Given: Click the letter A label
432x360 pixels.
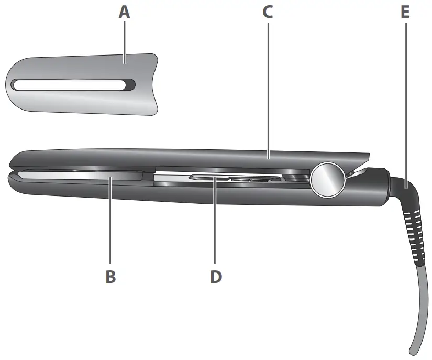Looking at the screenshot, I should pyautogui.click(x=124, y=12).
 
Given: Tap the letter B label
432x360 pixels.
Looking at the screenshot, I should pyautogui.click(x=110, y=276).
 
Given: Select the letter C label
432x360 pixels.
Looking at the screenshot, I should pyautogui.click(x=268, y=12).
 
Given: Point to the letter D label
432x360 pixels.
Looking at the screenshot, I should pyautogui.click(x=216, y=276).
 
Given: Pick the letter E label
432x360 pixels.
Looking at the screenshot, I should pyautogui.click(x=405, y=12).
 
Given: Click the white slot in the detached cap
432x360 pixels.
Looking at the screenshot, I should pyautogui.click(x=68, y=84).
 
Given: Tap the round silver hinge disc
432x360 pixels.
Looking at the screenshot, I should pyautogui.click(x=328, y=179).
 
